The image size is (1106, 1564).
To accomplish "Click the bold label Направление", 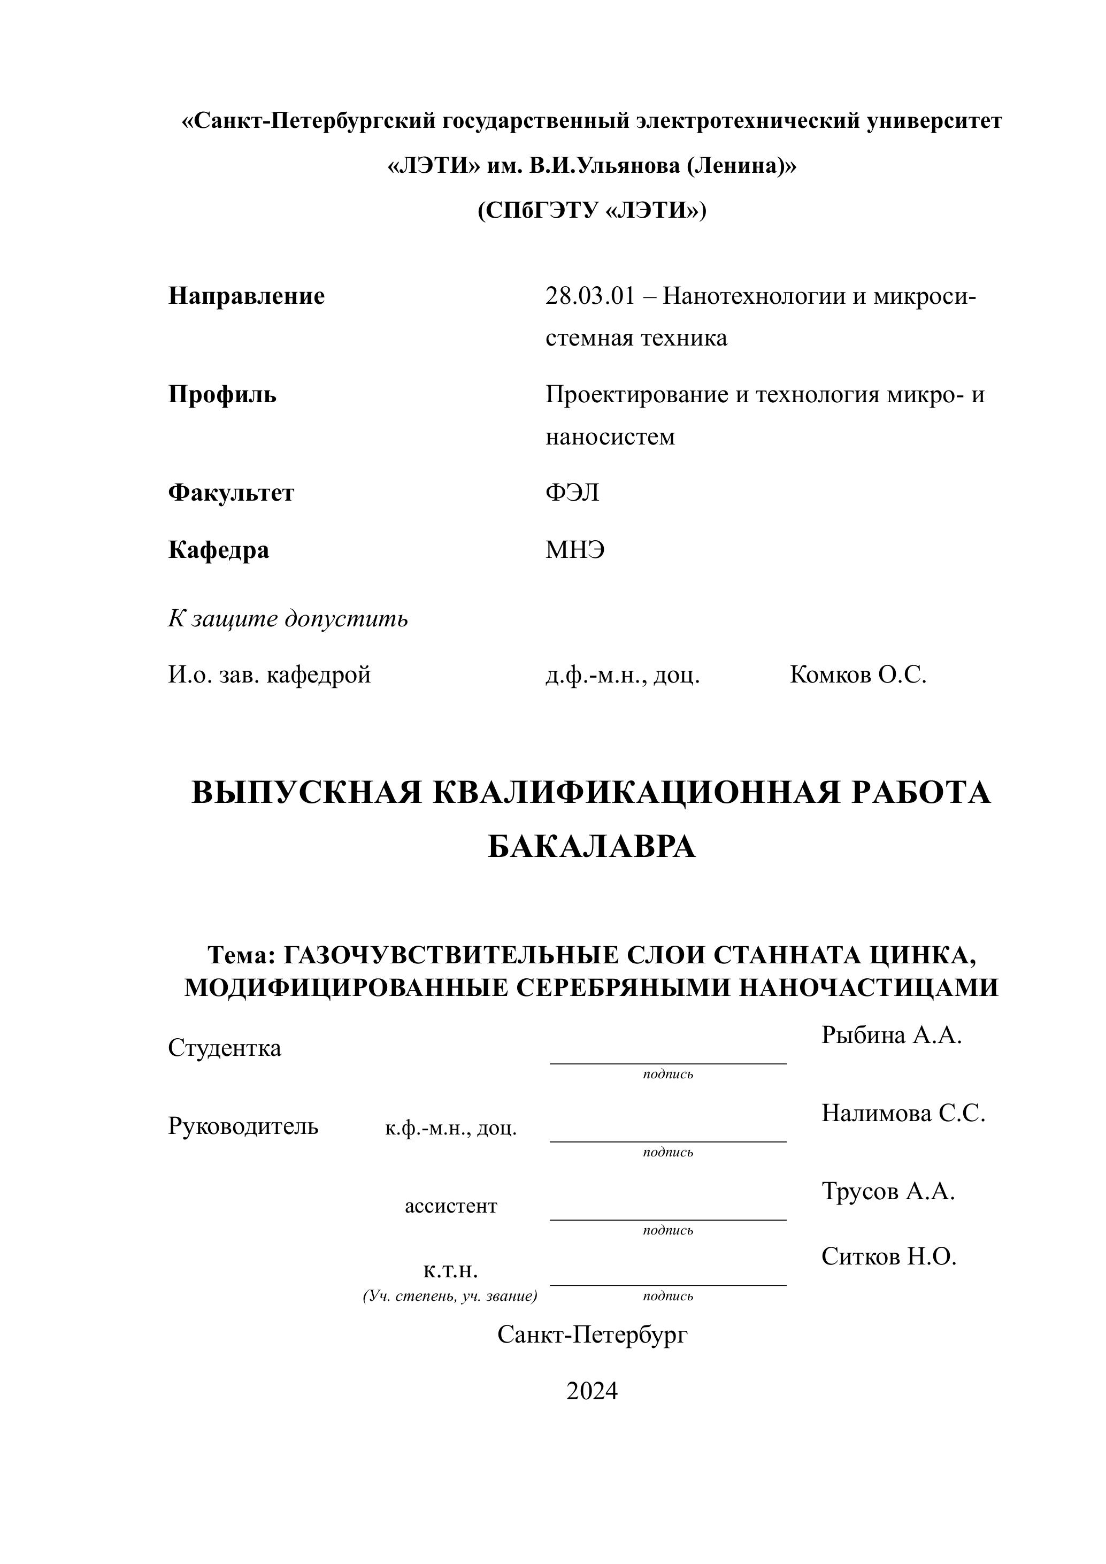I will coord(246,296).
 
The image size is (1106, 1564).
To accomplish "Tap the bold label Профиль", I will coord(222,394).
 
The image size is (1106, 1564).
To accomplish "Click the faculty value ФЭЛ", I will coord(572,493).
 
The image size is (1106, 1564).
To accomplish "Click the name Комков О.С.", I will coord(857,675).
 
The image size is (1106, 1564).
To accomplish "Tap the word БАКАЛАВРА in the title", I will coord(591,847).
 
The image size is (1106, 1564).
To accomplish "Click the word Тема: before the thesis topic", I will coord(241,956).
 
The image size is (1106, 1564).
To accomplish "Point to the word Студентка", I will coord(224,1048).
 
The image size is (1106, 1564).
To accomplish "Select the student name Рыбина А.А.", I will coord(891,1036).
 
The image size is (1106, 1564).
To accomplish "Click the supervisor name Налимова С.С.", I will coord(903,1113).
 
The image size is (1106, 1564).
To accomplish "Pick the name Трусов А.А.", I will coord(887,1191).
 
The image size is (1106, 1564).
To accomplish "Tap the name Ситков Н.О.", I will coord(889,1256).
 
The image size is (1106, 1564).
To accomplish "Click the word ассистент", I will coord(451,1206).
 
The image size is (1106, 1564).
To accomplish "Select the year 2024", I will coord(591,1390).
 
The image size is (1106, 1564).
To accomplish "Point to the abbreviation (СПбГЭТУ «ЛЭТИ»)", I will coord(591,211).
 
